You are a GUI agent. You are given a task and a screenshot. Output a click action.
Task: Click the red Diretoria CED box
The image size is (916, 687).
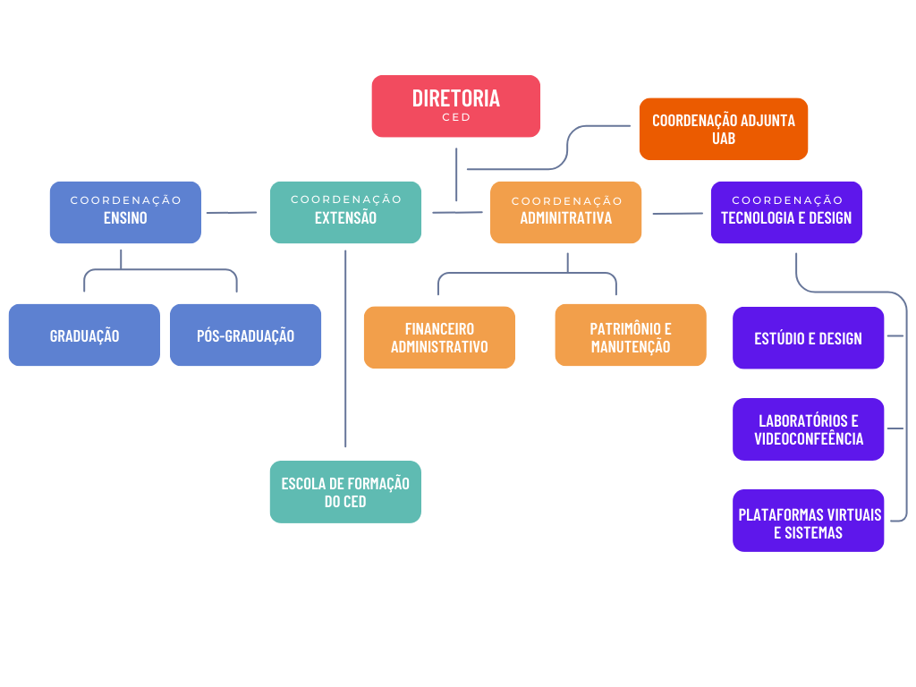point(455,106)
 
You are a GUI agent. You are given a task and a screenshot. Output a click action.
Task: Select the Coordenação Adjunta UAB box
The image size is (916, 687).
point(723,129)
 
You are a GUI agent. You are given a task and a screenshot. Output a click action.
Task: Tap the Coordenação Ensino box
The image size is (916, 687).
point(125,212)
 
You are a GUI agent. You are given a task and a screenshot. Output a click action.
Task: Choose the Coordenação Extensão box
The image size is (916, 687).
point(345,212)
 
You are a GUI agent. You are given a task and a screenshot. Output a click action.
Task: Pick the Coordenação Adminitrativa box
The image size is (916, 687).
point(565,212)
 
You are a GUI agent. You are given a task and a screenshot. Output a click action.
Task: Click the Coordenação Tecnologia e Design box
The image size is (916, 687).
point(786,212)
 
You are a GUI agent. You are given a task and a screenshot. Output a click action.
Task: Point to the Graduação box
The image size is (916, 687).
point(84,335)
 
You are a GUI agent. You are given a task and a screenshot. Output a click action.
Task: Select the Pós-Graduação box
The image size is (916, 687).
point(245,335)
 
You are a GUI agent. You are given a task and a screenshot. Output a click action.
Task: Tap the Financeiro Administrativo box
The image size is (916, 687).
point(439,337)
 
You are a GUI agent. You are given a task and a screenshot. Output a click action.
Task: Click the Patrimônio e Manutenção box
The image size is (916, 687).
point(631,335)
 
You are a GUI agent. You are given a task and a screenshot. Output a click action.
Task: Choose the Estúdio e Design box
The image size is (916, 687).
point(808,337)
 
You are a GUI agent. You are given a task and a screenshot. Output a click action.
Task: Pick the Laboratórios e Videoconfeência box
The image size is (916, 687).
point(808,429)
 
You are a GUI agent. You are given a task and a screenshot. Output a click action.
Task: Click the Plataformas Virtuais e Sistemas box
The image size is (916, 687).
point(808,521)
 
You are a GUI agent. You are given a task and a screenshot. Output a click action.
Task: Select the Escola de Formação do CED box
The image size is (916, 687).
point(345,492)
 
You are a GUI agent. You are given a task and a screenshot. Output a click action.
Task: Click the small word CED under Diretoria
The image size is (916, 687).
point(455,117)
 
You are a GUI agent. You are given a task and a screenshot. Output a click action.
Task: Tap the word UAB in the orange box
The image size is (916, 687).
point(723,139)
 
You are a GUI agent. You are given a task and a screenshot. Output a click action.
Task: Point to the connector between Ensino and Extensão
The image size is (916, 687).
point(232,213)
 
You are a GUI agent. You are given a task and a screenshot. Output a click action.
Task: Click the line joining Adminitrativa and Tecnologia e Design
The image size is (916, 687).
point(678,214)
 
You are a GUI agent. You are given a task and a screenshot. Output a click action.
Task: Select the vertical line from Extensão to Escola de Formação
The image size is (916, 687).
point(345,349)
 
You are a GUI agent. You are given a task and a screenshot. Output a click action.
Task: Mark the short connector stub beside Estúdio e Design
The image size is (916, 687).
point(895,336)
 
